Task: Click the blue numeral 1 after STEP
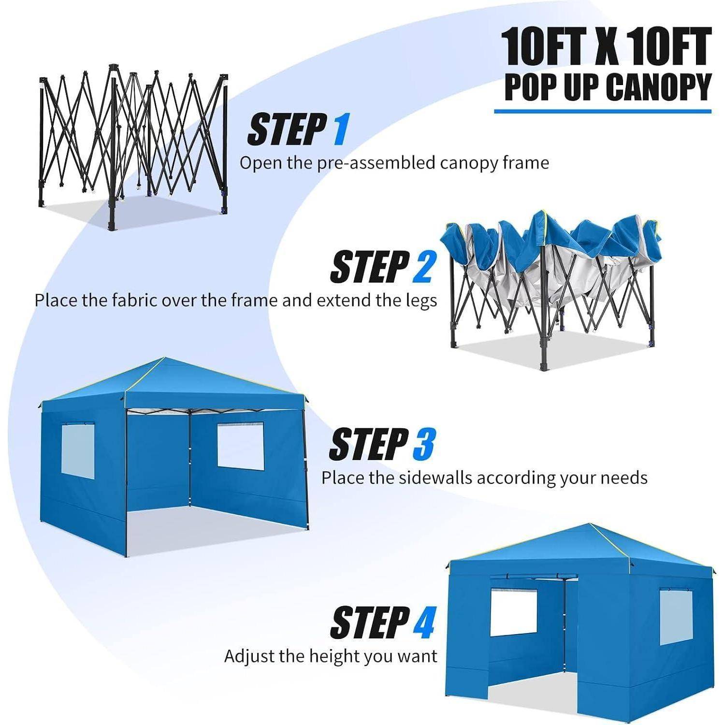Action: point(340,130)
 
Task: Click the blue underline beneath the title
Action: point(603,112)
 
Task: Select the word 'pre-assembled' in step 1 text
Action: point(376,163)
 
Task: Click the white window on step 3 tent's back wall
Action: point(241,447)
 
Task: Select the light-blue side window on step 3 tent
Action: point(78,449)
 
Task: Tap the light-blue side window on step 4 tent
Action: point(676,618)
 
